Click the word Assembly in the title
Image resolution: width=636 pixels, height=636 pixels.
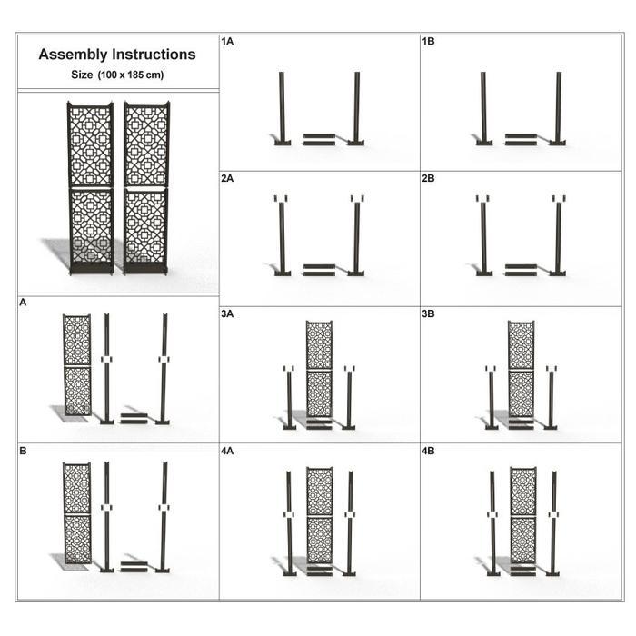73,55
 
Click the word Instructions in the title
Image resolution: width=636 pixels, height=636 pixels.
154,54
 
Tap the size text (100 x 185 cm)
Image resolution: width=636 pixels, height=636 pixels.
131,75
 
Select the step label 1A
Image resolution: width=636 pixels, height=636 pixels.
227,42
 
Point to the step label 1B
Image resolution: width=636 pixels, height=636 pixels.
428,42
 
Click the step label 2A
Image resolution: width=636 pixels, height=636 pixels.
227,178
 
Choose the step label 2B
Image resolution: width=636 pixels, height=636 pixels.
428,178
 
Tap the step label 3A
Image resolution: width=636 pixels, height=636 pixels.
227,314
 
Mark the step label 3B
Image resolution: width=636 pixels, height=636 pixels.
428,314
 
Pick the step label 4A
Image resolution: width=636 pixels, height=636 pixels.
227,451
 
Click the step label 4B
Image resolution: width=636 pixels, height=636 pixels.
428,451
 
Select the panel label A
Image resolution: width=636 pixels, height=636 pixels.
23,303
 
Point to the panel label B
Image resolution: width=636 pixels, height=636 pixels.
23,451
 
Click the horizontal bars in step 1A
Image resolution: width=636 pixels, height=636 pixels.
319,139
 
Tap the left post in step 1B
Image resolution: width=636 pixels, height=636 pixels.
483,108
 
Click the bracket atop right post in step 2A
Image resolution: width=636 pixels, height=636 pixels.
357,198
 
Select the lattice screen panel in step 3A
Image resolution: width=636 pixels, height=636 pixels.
319,369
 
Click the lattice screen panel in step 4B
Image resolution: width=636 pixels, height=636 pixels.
523,515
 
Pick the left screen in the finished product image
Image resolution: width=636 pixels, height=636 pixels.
90,189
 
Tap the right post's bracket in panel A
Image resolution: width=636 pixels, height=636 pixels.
164,360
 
